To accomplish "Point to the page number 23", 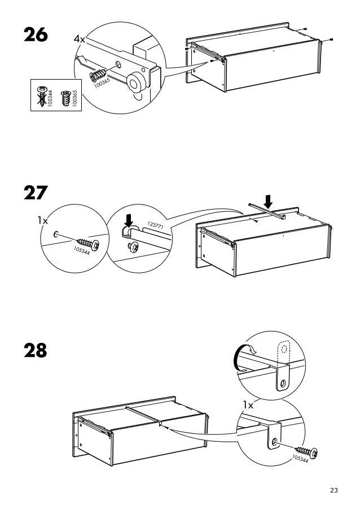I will pos(334,490).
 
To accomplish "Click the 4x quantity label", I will pos(79,40).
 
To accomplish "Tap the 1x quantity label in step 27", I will pos(43,221).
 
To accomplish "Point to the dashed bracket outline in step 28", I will pos(282,350).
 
